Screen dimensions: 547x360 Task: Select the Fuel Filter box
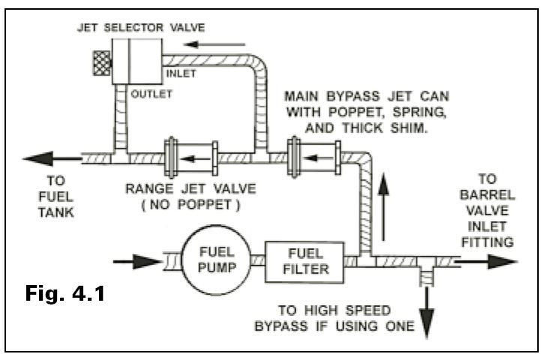(305, 262)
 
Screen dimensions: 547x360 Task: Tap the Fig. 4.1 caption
(65, 293)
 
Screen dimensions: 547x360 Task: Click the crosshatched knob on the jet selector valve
(102, 63)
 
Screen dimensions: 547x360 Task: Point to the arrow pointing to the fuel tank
(53, 159)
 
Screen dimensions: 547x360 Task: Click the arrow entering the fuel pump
(138, 262)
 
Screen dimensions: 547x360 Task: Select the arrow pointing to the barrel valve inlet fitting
(486, 262)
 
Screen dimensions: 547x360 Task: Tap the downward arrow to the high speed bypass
(426, 313)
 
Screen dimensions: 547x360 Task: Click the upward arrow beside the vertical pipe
(383, 206)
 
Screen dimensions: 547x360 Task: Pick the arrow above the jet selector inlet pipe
(214, 45)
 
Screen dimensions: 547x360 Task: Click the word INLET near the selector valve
(181, 73)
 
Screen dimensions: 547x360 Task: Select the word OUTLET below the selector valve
(152, 94)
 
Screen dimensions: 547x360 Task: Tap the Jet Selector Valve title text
(141, 28)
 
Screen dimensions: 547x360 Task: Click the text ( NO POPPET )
(191, 205)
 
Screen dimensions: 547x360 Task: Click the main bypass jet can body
(314, 157)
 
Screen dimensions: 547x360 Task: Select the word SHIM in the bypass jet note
(409, 128)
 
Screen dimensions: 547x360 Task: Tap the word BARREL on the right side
(487, 195)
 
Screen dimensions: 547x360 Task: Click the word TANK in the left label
(56, 212)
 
